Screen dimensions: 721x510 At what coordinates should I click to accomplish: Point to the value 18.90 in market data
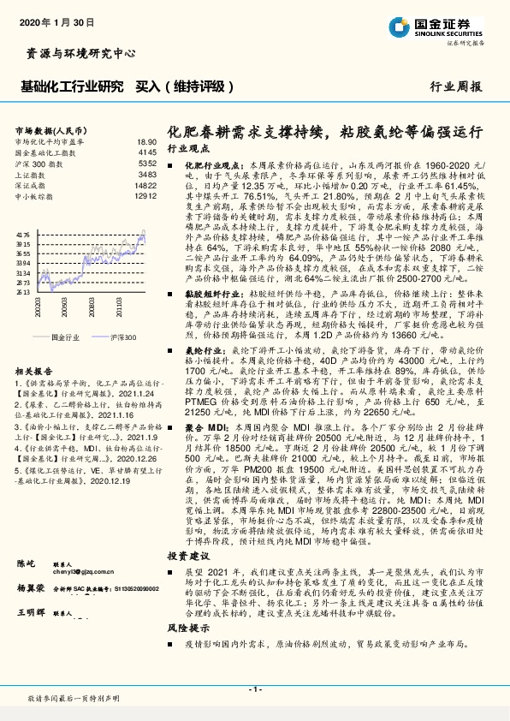[146, 141]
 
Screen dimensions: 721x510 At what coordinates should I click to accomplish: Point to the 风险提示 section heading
[187, 629]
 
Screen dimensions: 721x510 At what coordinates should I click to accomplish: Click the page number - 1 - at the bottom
[254, 689]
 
